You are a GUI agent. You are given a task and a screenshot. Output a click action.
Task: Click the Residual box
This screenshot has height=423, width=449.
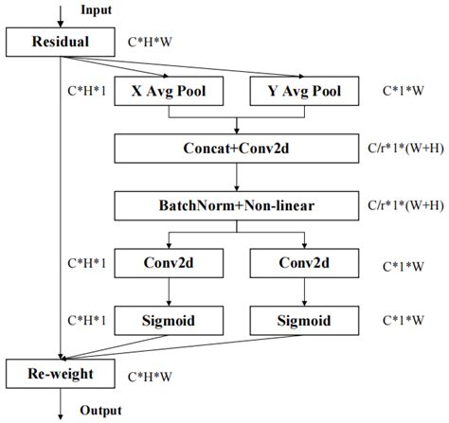click(61, 42)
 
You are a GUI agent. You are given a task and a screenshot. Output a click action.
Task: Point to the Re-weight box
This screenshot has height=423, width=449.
click(61, 375)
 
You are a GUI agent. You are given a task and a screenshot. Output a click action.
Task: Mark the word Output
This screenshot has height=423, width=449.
click(101, 412)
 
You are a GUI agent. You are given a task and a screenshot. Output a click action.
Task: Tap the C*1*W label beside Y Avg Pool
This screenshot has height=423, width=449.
click(403, 92)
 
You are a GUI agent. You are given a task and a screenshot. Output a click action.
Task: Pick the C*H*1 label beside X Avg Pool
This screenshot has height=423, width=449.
click(84, 92)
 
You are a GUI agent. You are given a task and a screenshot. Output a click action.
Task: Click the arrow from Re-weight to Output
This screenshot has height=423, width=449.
click(61, 401)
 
